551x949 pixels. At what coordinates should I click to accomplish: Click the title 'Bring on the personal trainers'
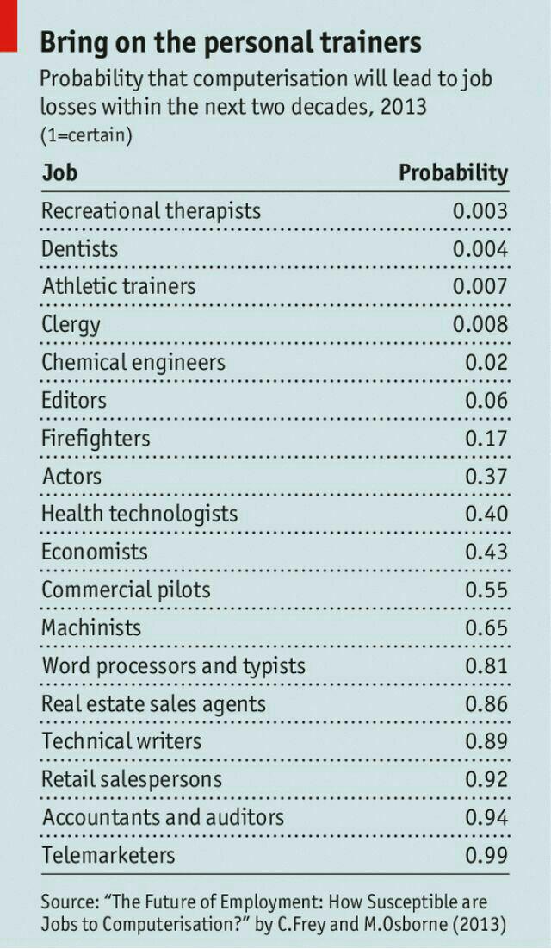click(231, 43)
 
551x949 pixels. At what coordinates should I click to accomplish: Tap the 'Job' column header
click(59, 172)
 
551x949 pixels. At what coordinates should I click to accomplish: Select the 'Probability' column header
click(453, 172)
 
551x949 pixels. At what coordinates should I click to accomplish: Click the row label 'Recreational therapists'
click(151, 211)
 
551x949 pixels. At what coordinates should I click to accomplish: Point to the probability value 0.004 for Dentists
click(480, 249)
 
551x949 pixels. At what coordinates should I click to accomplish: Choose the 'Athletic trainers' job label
click(119, 286)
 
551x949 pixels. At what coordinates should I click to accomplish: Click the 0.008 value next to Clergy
click(480, 325)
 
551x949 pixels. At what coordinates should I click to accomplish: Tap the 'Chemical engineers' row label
click(133, 362)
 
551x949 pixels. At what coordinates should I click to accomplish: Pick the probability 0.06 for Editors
click(486, 401)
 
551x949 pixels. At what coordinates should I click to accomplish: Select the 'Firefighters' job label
click(96, 438)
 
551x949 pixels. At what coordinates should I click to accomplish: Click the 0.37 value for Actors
click(486, 477)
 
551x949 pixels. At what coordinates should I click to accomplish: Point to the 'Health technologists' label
click(139, 514)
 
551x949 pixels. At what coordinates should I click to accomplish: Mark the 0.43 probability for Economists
click(486, 553)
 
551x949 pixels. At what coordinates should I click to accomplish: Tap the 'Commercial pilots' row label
click(126, 590)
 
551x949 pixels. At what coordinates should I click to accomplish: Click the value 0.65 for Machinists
click(486, 628)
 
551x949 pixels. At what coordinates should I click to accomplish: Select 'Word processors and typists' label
click(173, 666)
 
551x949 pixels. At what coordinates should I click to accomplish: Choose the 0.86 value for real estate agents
click(486, 704)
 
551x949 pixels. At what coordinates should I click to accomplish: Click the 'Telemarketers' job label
click(108, 855)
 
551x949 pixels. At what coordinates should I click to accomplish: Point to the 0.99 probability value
click(486, 856)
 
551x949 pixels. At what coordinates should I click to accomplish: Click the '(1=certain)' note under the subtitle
click(86, 135)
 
